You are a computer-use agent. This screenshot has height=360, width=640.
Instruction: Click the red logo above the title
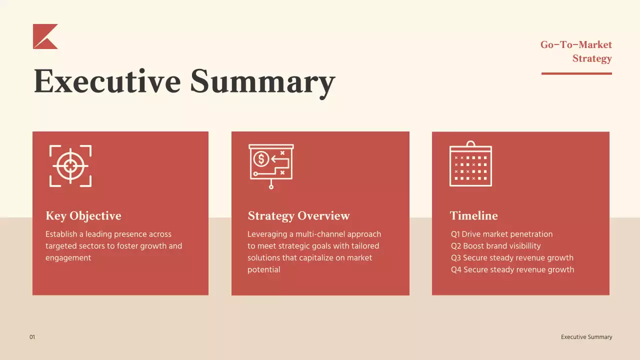[x=44, y=37]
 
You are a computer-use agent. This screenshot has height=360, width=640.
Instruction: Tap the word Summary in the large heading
[x=262, y=81]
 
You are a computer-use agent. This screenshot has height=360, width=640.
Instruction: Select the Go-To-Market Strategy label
[x=577, y=51]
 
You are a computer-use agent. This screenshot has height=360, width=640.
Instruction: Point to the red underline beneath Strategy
[x=576, y=73]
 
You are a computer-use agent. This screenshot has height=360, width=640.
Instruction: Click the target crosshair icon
[x=70, y=166]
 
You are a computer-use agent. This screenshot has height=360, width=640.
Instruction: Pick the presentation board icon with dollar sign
[x=271, y=165]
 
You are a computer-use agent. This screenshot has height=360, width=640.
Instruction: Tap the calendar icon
[x=470, y=164]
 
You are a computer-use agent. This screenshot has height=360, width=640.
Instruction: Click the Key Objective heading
[x=83, y=216]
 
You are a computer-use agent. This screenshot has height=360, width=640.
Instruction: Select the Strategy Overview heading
[x=298, y=216]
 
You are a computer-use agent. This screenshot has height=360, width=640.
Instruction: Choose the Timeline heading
[x=473, y=216]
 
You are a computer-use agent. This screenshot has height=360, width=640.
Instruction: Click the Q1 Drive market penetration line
[x=501, y=234]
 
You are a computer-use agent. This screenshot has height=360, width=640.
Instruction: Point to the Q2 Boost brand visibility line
[x=496, y=246]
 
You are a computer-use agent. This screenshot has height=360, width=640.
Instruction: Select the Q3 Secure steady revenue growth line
[x=512, y=258]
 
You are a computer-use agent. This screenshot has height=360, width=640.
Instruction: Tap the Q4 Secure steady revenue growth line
[x=512, y=270]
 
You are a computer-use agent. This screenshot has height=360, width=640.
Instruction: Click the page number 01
[x=32, y=337]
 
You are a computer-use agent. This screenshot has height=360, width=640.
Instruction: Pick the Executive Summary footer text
[x=586, y=337]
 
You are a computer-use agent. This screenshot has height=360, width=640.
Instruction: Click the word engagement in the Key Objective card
[x=68, y=258]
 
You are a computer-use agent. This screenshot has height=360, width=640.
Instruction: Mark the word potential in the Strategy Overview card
[x=263, y=270]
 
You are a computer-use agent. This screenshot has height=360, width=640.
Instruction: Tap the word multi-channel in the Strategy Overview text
[x=314, y=234]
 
